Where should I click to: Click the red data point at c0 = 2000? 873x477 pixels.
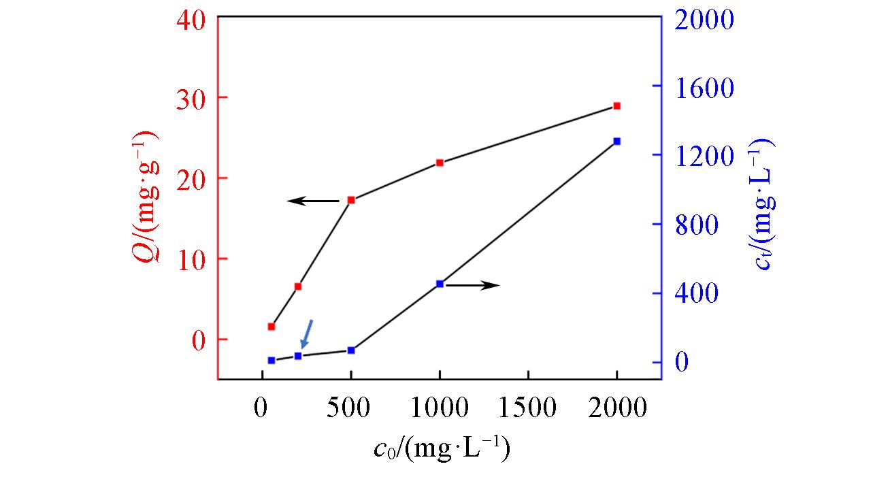pyautogui.click(x=616, y=106)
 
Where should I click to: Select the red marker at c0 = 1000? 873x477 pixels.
pyautogui.click(x=440, y=163)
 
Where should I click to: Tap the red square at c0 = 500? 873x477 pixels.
pyautogui.click(x=351, y=200)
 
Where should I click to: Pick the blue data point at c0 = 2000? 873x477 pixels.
pyautogui.click(x=616, y=142)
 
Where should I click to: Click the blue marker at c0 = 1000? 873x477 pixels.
pyautogui.click(x=440, y=284)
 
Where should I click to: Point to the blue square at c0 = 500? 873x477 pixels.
pyautogui.click(x=351, y=350)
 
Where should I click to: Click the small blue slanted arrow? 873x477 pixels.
pyautogui.click(x=307, y=333)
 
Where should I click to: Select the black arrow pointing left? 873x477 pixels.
pyautogui.click(x=313, y=201)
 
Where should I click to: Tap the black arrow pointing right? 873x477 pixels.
pyautogui.click(x=473, y=285)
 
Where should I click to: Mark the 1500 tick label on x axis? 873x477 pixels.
pyautogui.click(x=528, y=408)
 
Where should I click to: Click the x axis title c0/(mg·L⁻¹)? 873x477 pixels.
pyautogui.click(x=442, y=450)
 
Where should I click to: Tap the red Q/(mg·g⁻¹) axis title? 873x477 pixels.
pyautogui.click(x=147, y=197)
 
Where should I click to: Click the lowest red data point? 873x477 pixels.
pyautogui.click(x=271, y=327)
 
